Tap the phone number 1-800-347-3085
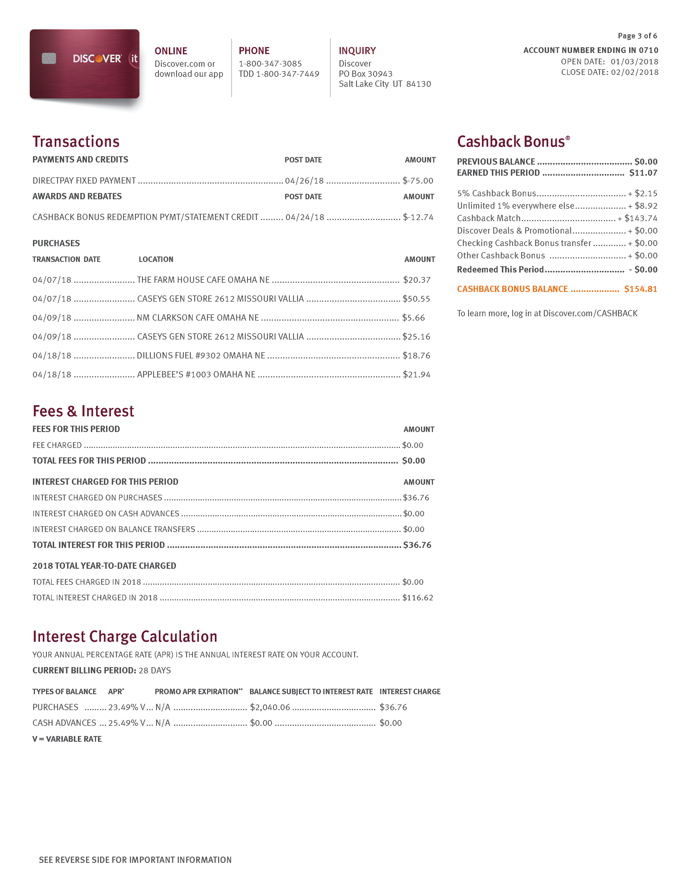click(270, 63)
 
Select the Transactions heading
click(76, 141)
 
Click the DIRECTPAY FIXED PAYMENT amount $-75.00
click(418, 181)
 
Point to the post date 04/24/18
click(305, 217)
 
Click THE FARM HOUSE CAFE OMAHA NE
click(203, 280)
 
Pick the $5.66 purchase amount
click(413, 318)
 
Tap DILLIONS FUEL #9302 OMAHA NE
click(201, 355)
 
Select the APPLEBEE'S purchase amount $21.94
click(416, 374)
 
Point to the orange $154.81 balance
click(640, 289)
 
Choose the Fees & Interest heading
click(83, 411)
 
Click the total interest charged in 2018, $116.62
click(417, 597)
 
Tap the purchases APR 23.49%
click(123, 707)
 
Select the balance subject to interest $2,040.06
click(270, 707)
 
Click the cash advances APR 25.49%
click(123, 723)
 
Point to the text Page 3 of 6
click(637, 36)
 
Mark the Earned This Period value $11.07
click(643, 173)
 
